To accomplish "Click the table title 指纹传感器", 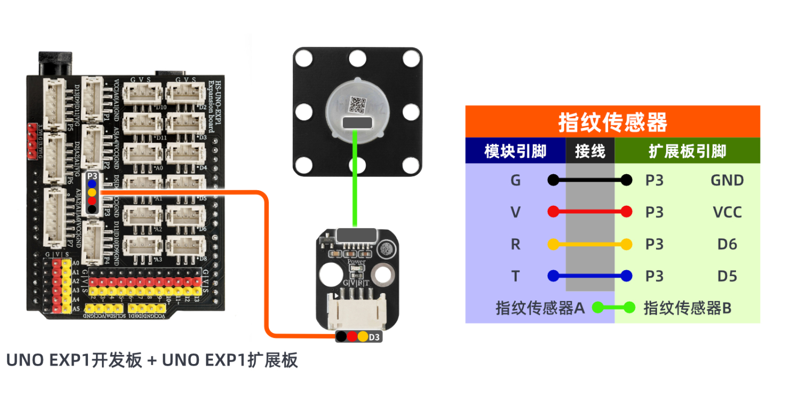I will [x=612, y=122].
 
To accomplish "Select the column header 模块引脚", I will [x=515, y=151].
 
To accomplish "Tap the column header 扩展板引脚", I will [x=687, y=151].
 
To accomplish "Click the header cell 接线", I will [x=590, y=151].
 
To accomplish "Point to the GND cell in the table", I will [x=727, y=180].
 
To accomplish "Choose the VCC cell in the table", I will [x=727, y=212].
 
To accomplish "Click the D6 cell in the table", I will [x=727, y=244].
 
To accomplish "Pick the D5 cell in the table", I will [x=727, y=276].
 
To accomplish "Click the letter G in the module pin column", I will [x=515, y=180].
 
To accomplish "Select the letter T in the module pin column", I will [x=515, y=276].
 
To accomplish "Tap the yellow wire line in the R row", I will [x=590, y=244].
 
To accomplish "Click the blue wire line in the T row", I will [x=590, y=276].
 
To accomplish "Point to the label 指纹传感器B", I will [x=687, y=307].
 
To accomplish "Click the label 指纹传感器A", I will [x=540, y=307].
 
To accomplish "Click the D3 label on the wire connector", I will [x=374, y=337].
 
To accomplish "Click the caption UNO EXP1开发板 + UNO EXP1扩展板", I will [x=152, y=361].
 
